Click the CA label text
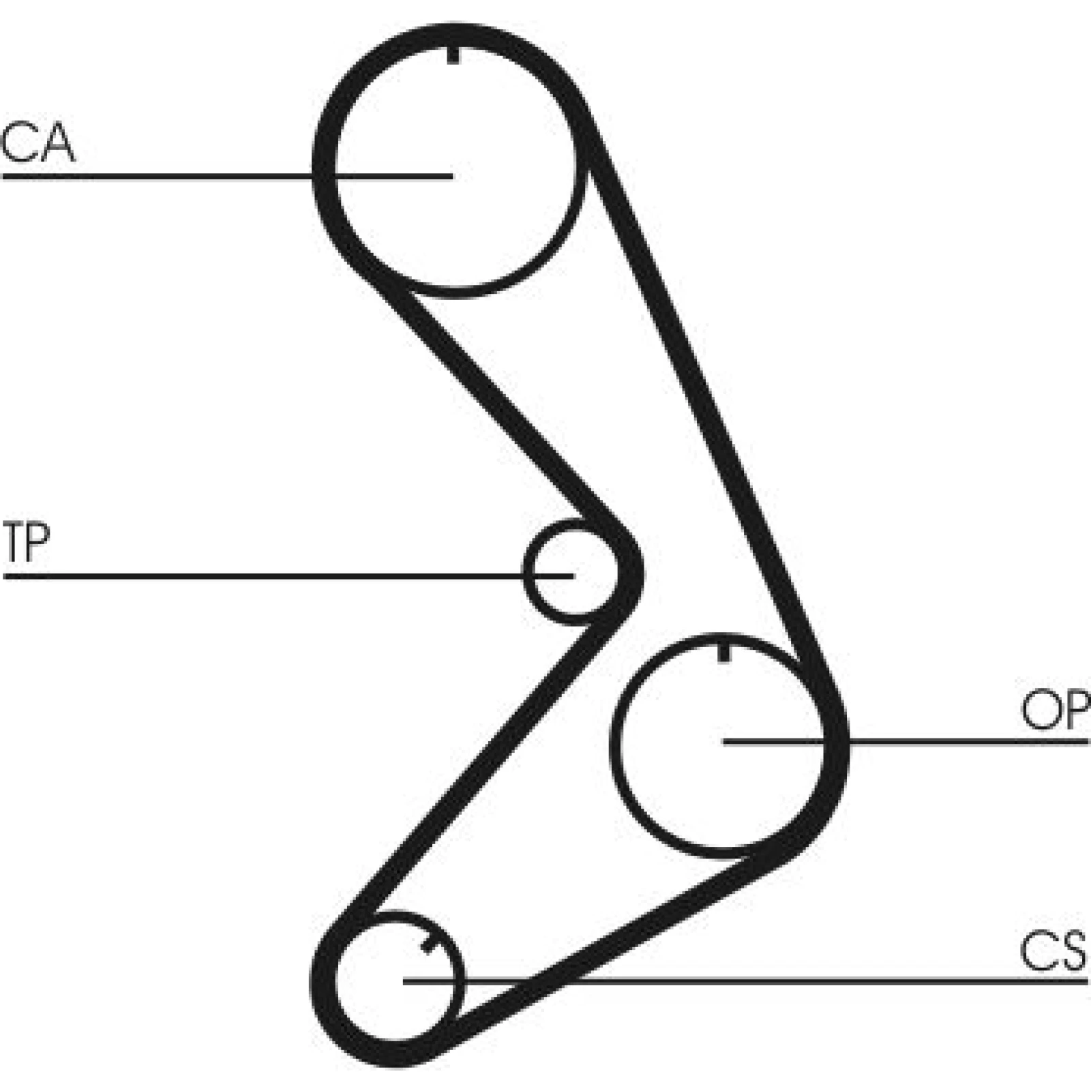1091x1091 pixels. click(38, 143)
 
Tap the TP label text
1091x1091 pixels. click(26, 541)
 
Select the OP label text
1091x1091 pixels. click(1055, 710)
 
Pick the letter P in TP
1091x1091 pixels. click(39, 541)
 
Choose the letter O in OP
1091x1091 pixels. click(1038, 710)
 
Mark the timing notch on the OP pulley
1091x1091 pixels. click(724, 651)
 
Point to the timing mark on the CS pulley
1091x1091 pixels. click(430, 944)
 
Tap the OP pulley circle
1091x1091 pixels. click(612, 746)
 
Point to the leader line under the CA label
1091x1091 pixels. click(228, 177)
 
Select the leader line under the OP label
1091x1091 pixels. click(906, 741)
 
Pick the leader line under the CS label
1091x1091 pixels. click(746, 981)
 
